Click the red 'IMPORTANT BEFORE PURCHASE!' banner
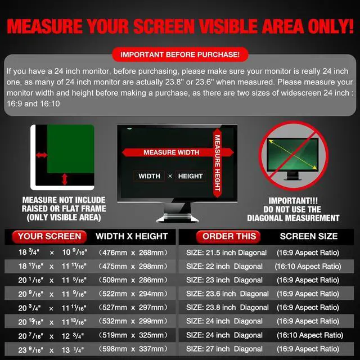[x=180, y=55]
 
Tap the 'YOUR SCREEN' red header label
[x=49, y=236]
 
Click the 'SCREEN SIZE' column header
[x=308, y=236]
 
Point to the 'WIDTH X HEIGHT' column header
[x=132, y=236]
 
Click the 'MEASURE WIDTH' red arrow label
[x=171, y=152]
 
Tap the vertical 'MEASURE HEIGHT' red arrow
[x=217, y=163]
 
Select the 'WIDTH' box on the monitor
[x=150, y=176]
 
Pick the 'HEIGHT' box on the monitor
[x=190, y=176]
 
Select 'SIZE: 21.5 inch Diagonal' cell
[x=226, y=253]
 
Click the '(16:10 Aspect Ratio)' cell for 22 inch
[x=307, y=266]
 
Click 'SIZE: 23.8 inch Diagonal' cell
[x=227, y=307]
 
